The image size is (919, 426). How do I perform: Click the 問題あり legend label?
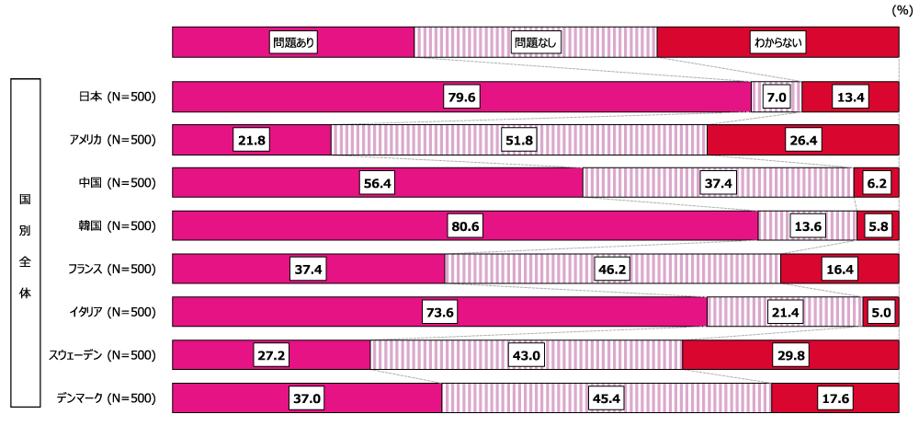(x=293, y=42)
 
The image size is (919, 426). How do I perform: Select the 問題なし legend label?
(x=536, y=42)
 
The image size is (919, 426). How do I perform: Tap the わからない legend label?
(x=777, y=42)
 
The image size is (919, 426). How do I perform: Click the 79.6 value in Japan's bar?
(x=462, y=97)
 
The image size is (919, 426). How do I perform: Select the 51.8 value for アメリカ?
(x=518, y=140)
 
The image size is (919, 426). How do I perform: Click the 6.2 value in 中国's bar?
(x=876, y=183)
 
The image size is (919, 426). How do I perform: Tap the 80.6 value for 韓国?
(x=465, y=226)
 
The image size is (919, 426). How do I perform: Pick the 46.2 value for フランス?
(x=612, y=270)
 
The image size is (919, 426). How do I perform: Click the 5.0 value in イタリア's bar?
(x=880, y=313)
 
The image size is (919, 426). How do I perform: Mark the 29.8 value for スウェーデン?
(x=789, y=356)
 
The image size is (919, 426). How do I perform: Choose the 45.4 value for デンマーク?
(x=607, y=399)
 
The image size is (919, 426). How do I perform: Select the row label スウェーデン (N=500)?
(x=102, y=356)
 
